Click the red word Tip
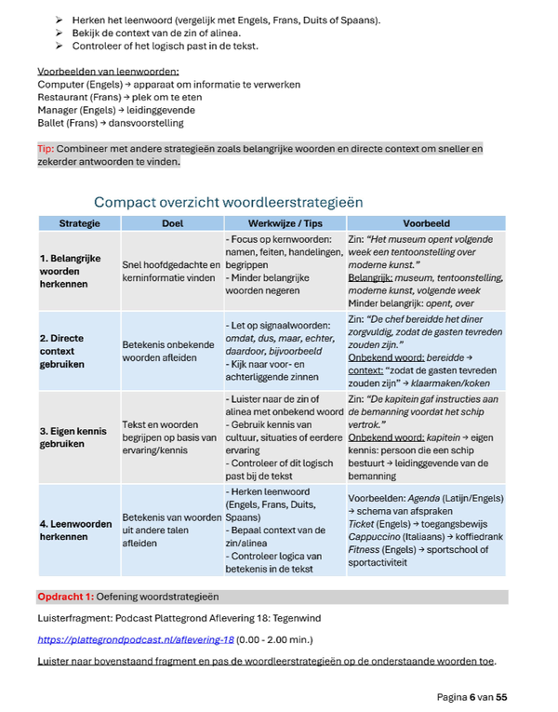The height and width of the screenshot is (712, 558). click(46, 148)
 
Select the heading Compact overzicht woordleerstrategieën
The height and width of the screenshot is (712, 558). click(228, 202)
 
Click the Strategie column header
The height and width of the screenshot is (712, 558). click(79, 223)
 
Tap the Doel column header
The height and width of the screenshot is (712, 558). click(172, 223)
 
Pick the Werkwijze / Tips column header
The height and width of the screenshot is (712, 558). click(285, 223)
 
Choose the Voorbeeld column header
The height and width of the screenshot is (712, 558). click(426, 223)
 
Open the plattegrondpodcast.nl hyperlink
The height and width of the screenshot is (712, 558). click(136, 640)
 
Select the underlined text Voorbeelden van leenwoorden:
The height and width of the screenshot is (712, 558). click(108, 72)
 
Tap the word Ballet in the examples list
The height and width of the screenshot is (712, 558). click(51, 122)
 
